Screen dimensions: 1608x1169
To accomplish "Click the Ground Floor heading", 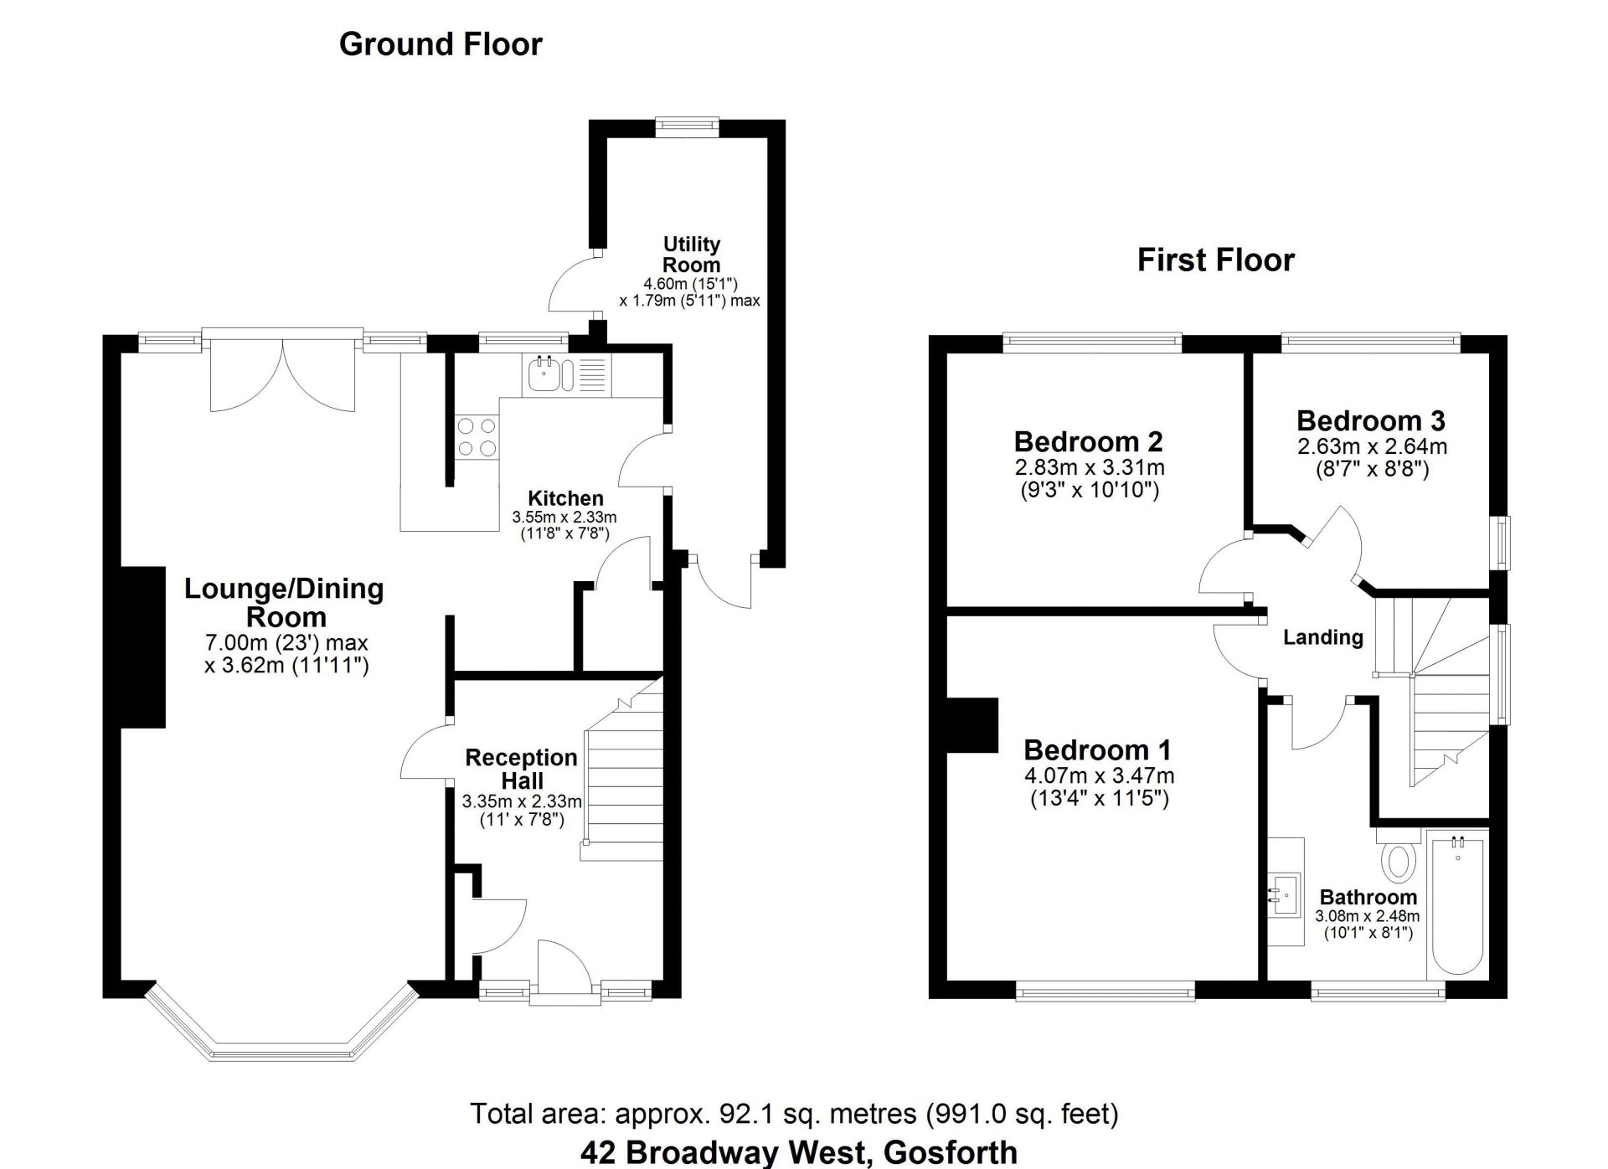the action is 441,44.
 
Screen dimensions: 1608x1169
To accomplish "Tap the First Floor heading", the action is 1215,260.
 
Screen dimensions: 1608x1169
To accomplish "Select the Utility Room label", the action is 691,255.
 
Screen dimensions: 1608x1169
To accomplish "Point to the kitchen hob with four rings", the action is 477,438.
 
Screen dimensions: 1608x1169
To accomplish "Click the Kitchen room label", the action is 565,498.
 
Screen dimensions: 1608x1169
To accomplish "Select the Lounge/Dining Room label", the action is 285,603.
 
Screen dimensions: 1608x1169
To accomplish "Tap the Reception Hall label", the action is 521,769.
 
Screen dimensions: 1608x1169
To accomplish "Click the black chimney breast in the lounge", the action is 144,647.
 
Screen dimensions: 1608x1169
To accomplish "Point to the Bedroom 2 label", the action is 1088,441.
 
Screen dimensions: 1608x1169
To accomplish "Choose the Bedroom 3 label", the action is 1371,420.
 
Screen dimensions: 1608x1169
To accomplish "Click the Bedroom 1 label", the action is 1097,749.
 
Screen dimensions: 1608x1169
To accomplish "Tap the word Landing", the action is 1323,637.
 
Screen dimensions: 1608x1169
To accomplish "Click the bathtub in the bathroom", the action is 1458,905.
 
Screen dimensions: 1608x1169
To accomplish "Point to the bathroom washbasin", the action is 1285,893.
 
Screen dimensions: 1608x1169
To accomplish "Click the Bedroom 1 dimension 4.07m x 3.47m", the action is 1099,776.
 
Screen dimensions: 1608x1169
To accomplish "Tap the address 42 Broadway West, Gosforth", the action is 799,1153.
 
